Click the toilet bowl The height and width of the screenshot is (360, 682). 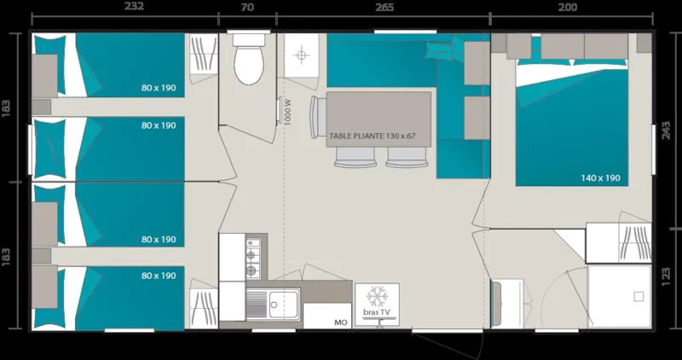[x=249, y=67]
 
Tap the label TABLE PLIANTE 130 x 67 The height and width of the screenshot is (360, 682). [x=373, y=136]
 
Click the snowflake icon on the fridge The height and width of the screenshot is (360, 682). [x=377, y=298]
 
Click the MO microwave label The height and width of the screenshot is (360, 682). [x=340, y=322]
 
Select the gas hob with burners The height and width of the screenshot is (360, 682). [x=252, y=258]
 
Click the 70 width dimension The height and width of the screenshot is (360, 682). [x=247, y=8]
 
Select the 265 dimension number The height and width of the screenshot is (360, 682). [x=384, y=8]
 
